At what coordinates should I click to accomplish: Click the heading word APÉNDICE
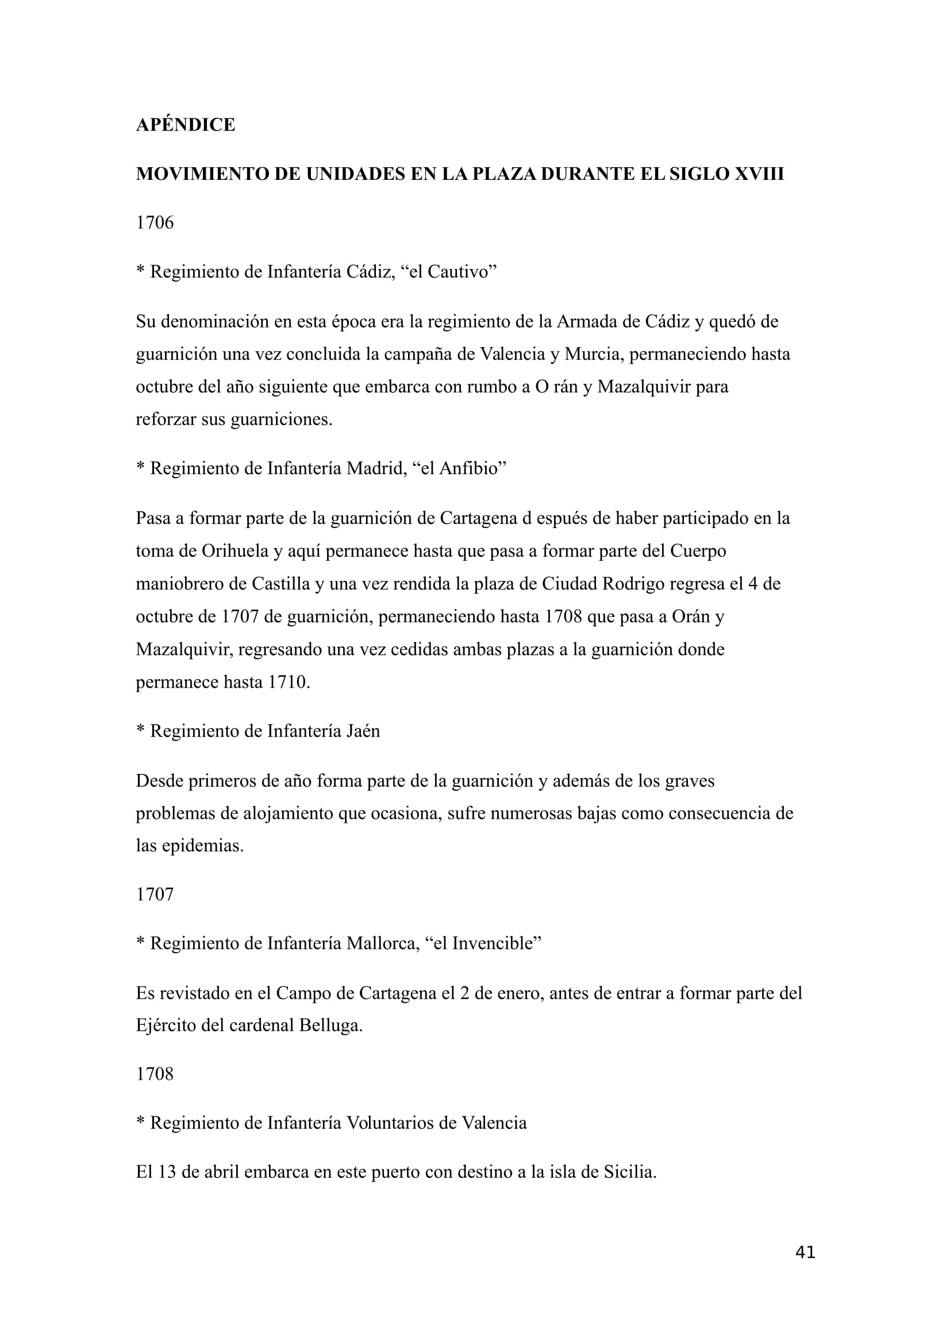tap(185, 125)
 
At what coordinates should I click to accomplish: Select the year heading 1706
tap(155, 222)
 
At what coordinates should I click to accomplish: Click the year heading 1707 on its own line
tap(155, 895)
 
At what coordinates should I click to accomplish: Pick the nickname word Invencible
tap(494, 944)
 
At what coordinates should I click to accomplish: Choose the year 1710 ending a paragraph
tap(289, 682)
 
